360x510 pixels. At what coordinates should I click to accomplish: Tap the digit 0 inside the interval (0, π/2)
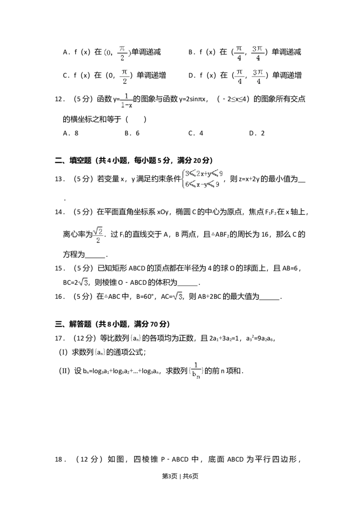pos(108,53)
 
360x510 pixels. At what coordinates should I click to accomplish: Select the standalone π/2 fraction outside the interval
pos(125,77)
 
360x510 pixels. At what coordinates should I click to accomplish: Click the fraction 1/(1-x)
pos(127,101)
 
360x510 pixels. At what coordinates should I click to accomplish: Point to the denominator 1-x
pos(127,106)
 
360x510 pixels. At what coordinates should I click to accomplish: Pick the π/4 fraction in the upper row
pos(239,54)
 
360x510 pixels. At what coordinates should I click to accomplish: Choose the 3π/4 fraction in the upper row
pos(257,54)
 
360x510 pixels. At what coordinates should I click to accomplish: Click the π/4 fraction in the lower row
pos(239,77)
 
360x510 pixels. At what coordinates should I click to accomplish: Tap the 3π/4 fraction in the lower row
pos(257,77)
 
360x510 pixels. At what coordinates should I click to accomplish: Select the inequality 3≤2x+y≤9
pos(204,174)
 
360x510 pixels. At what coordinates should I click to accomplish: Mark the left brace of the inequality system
pos(182,179)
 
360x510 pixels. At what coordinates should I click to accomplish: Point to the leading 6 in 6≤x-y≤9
pos(187,184)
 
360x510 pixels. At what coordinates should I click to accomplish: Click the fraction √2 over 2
pos(97,234)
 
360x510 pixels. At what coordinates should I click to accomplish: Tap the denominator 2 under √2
pos(97,240)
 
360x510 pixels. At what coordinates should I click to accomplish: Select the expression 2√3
pos(82,283)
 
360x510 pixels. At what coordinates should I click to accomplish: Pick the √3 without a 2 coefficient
pos(177,296)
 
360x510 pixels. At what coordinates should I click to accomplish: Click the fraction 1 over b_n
pos(196,370)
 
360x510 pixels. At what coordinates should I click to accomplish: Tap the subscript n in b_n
pos(198,377)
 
